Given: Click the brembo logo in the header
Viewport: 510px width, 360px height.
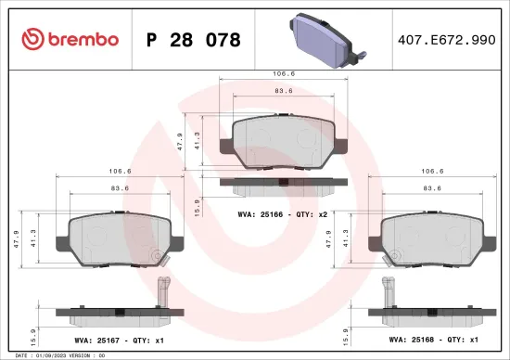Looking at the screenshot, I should coord(70,39).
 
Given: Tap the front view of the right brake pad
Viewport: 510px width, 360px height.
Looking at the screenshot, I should coord(436,234).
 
